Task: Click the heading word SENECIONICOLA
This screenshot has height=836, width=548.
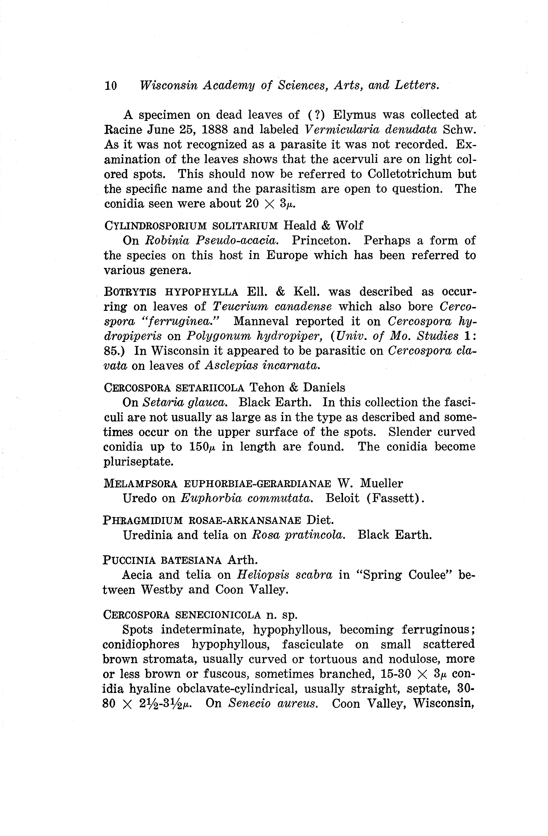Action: tap(218, 615)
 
